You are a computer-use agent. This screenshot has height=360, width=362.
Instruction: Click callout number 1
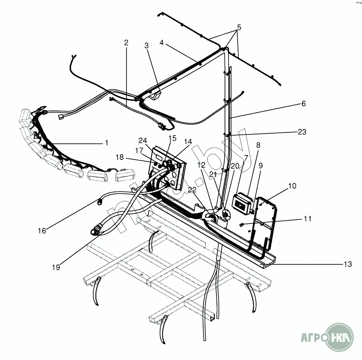click(x=106, y=143)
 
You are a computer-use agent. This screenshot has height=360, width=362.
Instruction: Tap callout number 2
click(x=126, y=42)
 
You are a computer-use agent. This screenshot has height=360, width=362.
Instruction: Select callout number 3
click(x=147, y=46)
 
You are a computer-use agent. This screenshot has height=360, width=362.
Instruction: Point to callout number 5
click(x=239, y=28)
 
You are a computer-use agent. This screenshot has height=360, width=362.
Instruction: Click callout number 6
click(x=303, y=103)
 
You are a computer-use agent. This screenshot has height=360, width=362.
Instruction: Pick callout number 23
click(x=302, y=132)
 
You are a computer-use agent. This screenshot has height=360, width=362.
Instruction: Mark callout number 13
click(x=348, y=264)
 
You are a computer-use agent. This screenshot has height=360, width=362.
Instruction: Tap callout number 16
click(x=42, y=230)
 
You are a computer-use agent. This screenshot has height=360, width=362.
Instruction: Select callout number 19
click(x=56, y=267)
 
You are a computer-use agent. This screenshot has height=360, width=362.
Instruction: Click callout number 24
click(x=142, y=141)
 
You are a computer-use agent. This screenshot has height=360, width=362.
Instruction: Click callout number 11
click(x=308, y=219)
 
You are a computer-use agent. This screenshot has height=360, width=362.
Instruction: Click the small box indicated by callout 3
click(x=156, y=96)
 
